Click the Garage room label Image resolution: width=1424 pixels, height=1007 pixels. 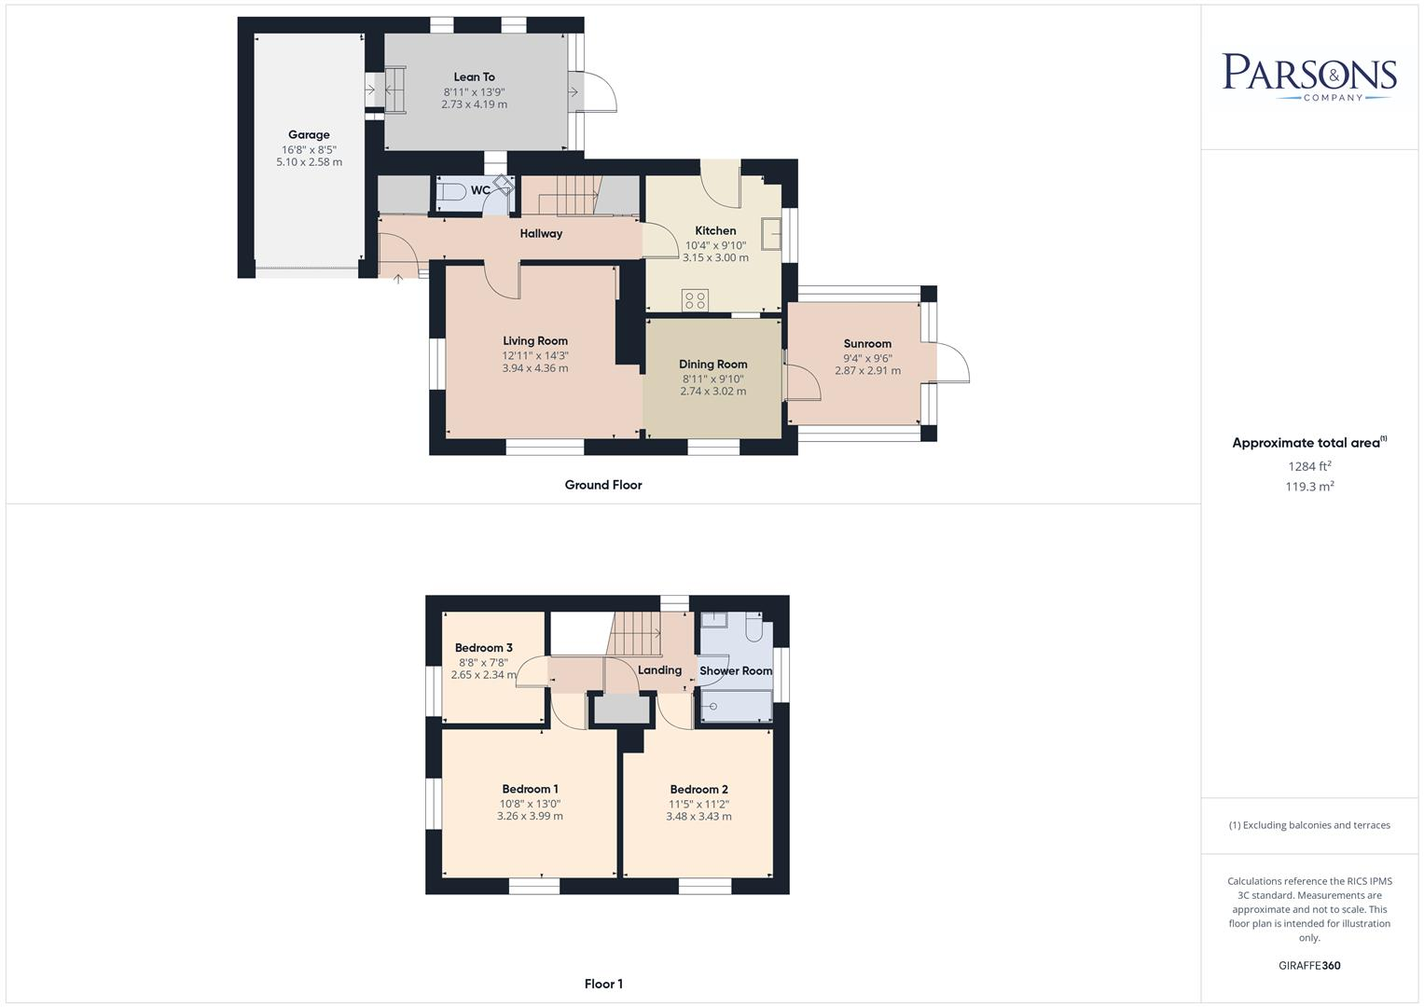[309, 135]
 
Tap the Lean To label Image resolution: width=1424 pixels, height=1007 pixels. [474, 77]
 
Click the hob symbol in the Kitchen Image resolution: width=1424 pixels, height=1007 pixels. [695, 300]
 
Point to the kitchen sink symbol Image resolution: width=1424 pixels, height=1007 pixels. [771, 233]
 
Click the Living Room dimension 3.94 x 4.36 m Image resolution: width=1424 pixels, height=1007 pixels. [535, 368]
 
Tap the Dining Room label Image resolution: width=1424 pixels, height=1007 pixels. [712, 365]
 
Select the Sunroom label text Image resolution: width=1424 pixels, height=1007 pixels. [867, 344]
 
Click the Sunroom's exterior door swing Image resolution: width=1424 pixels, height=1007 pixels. [953, 364]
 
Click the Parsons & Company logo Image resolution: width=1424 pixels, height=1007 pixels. [1309, 76]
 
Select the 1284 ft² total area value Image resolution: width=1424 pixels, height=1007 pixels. [1309, 466]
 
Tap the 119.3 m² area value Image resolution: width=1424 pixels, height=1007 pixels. [1309, 487]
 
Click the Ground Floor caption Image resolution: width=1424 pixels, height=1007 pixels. [603, 485]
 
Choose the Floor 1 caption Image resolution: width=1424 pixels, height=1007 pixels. [603, 984]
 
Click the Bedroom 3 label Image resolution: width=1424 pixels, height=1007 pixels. [484, 648]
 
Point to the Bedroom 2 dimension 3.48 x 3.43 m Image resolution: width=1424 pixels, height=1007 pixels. [698, 817]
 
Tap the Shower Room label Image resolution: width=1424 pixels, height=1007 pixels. [736, 671]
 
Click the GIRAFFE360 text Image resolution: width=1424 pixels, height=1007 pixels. [1309, 966]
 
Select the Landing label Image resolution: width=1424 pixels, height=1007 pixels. [659, 670]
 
